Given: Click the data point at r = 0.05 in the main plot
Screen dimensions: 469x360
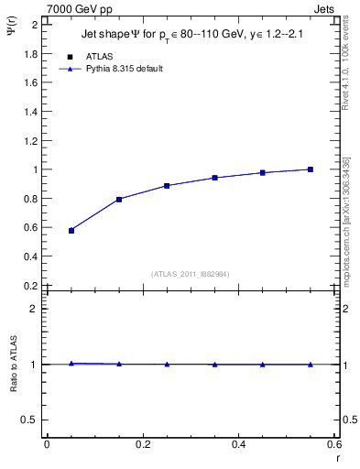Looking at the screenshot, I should [x=71, y=231].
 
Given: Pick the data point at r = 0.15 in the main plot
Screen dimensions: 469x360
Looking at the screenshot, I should [x=119, y=199].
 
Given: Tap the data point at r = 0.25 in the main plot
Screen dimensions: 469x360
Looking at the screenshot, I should [x=167, y=186].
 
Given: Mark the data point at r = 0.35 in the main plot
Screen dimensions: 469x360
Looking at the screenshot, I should [x=215, y=178].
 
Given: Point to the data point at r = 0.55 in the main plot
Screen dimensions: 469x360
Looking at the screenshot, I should [x=311, y=169].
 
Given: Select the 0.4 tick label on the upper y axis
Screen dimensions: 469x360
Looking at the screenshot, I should [x=31, y=256].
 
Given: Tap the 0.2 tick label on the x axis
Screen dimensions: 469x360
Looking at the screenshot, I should [x=142, y=443].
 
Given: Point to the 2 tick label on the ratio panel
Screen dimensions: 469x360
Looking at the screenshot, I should [x=35, y=309].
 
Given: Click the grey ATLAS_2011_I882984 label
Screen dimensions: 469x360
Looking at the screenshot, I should [x=191, y=273].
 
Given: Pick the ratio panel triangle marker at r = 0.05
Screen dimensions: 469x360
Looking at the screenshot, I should [x=71, y=364].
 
